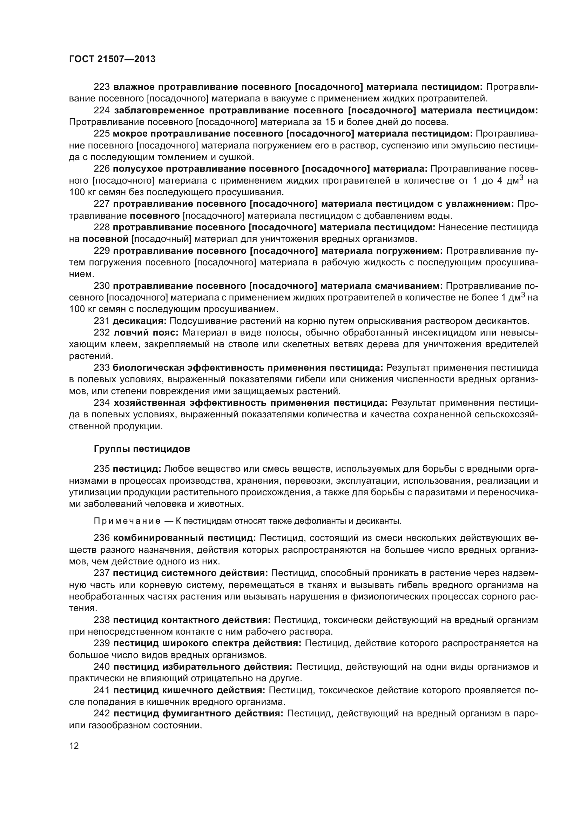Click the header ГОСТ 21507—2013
click(x=112, y=59)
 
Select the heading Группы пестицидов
click(x=142, y=449)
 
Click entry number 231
click(x=101, y=321)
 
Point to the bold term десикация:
click(x=140, y=321)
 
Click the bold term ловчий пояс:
click(x=146, y=332)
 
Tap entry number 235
click(x=101, y=469)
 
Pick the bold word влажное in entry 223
click(x=134, y=87)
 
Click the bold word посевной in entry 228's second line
click(x=105, y=238)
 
